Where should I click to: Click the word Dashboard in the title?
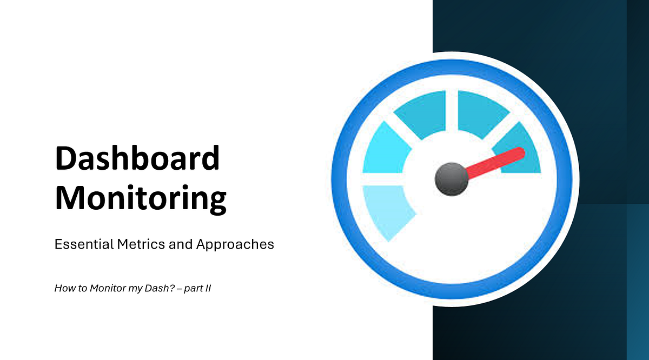(x=137, y=159)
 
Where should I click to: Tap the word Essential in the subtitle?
(x=84, y=244)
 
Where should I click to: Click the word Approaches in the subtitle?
(x=235, y=245)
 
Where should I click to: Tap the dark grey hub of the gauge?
(x=451, y=178)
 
